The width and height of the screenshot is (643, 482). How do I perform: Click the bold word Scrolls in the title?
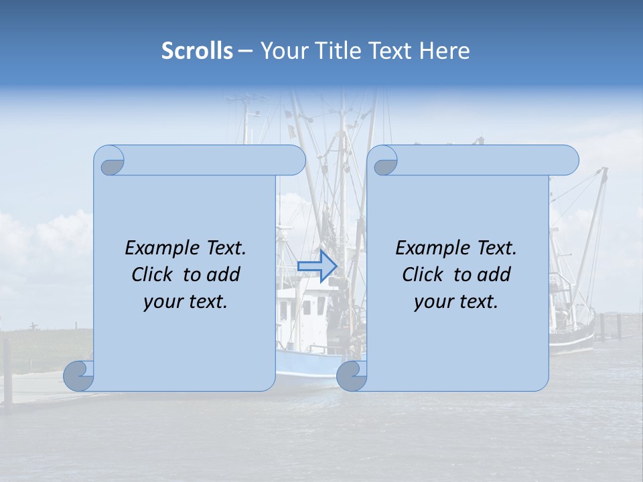(197, 51)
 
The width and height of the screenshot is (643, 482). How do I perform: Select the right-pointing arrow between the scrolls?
(317, 266)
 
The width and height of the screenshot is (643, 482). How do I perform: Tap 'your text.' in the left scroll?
(186, 302)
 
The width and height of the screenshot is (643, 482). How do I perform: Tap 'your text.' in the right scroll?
(456, 302)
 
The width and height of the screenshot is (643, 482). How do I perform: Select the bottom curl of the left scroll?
(79, 376)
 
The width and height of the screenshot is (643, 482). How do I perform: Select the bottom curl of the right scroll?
(352, 377)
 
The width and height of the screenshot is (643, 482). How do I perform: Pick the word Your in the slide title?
(285, 51)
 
